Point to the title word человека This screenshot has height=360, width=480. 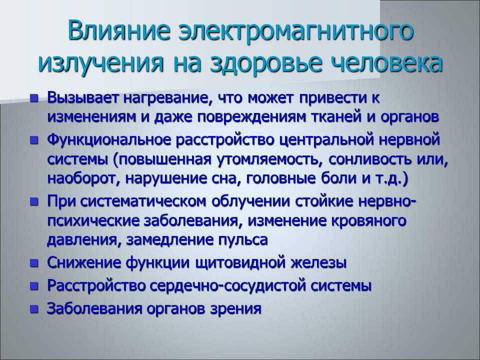click(x=387, y=63)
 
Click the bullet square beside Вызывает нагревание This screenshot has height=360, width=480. click(x=34, y=98)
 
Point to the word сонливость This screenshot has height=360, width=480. click(x=367, y=159)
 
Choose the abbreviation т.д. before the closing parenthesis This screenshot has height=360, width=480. click(x=387, y=178)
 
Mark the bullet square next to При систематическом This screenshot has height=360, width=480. click(x=34, y=201)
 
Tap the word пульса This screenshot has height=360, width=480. click(x=243, y=239)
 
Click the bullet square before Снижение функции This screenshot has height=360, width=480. click(x=34, y=263)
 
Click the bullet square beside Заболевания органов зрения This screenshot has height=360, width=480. click(x=34, y=309)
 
